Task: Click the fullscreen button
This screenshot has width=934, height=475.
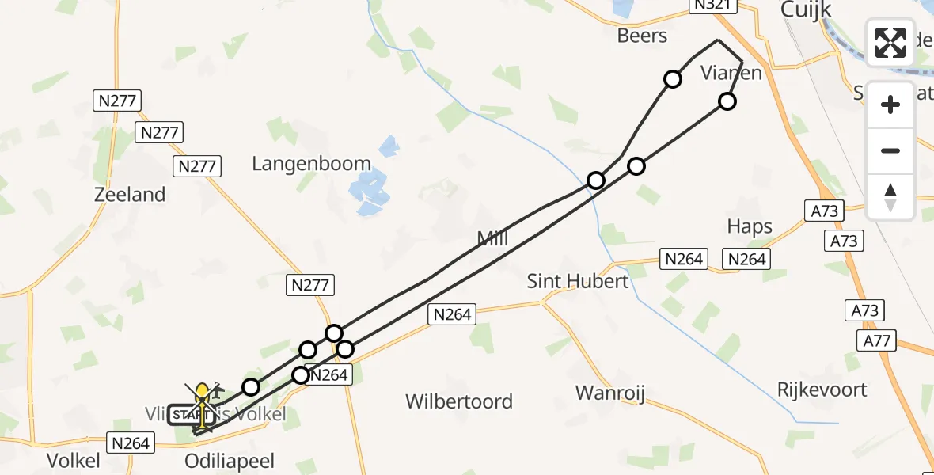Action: point(890,43)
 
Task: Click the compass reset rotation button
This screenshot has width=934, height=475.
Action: point(890,197)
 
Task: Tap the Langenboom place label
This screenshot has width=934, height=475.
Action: point(311,164)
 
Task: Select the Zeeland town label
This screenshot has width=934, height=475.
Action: point(130,195)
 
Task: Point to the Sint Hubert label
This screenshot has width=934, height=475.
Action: point(578,281)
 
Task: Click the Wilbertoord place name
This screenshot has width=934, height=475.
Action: point(459,401)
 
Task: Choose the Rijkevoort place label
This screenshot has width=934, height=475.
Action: point(822,389)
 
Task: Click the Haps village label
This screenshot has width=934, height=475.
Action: point(750,227)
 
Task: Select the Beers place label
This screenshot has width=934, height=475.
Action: point(642,36)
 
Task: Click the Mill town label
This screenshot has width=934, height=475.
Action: point(492,238)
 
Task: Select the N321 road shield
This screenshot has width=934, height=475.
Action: point(713,6)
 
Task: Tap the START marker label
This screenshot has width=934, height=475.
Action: point(185,415)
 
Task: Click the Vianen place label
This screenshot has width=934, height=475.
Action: point(731,74)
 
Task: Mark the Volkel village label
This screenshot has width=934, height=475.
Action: point(74,462)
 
